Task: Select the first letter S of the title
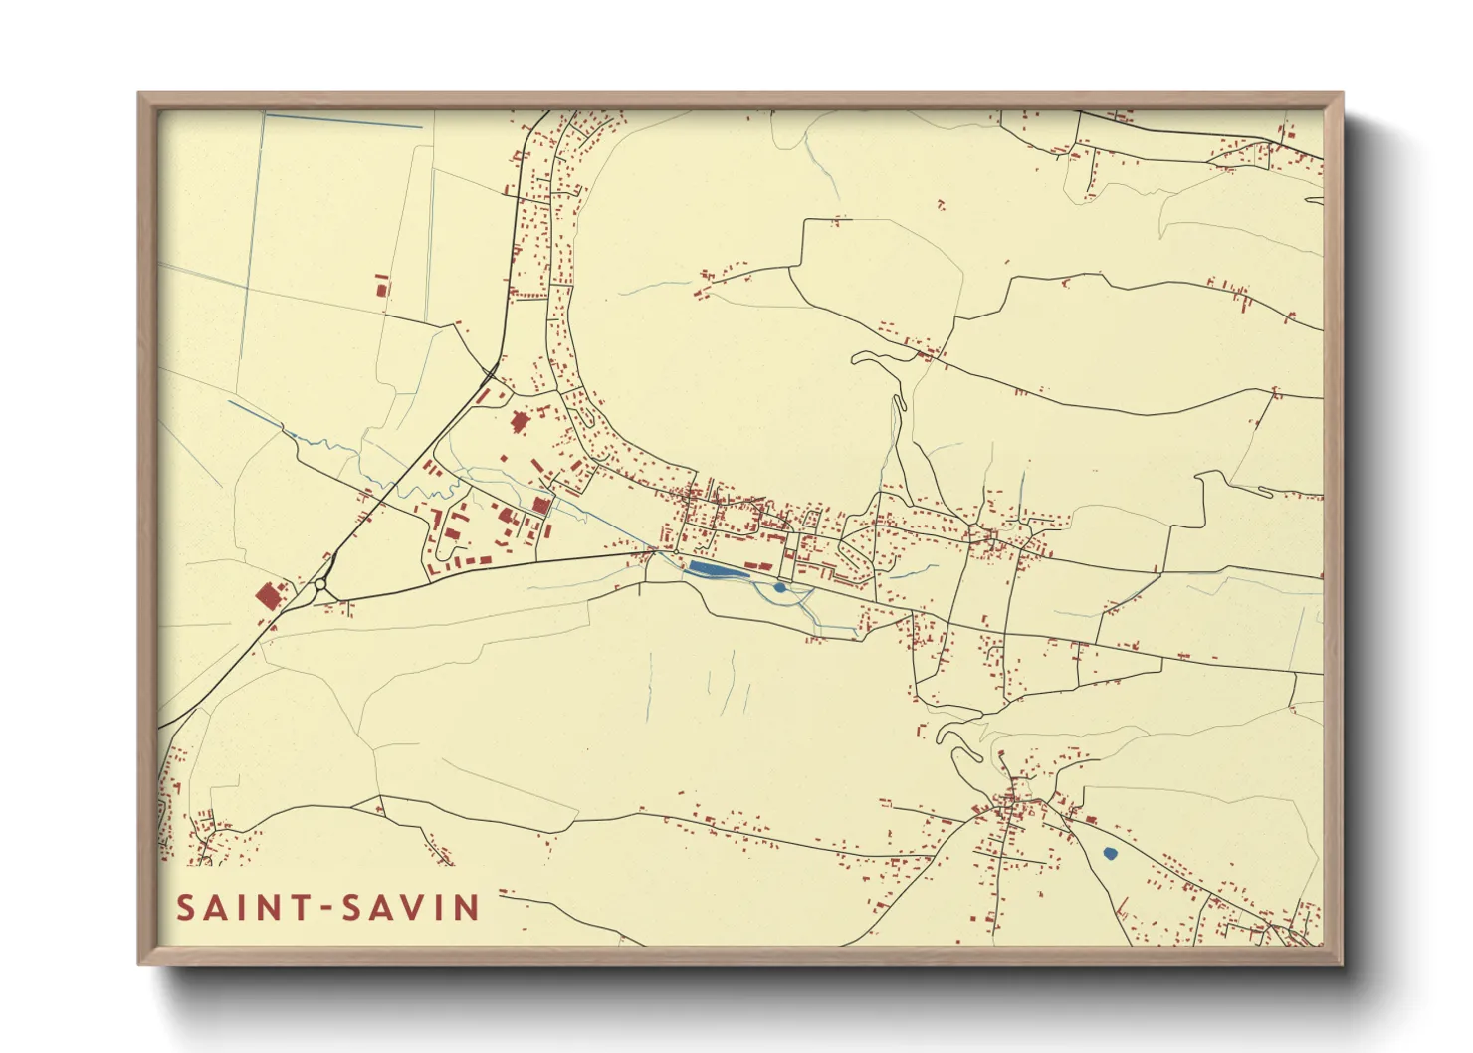point(186,908)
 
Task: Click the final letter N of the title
point(466,908)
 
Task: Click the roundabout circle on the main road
point(320,588)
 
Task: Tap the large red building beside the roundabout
point(268,596)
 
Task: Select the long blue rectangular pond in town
point(708,569)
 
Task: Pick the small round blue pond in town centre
point(779,587)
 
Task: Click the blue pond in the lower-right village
point(1110,853)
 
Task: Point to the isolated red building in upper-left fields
point(380,289)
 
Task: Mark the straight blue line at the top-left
point(343,121)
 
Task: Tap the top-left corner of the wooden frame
point(140,95)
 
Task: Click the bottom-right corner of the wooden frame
point(1341,962)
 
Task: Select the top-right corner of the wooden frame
point(1341,95)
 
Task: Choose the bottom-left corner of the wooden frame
point(140,962)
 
